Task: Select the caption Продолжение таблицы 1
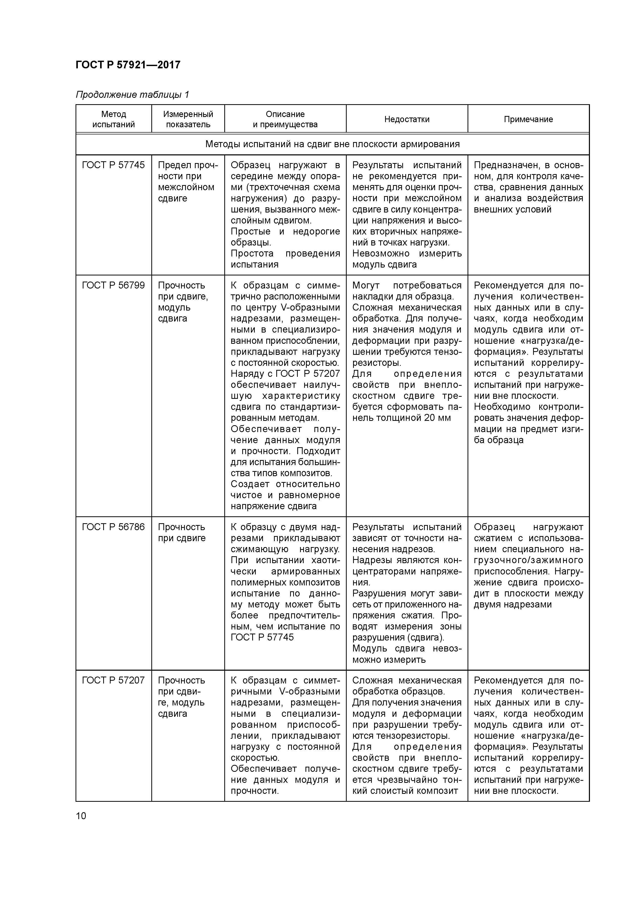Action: coord(132,95)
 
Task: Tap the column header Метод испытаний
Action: coord(113,119)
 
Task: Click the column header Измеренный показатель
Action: coord(188,119)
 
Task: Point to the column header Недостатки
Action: coord(407,119)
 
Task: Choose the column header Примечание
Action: coord(528,119)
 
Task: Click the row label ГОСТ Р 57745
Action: coord(113,165)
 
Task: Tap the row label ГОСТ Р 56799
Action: coord(113,285)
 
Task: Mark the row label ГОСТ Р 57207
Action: coord(113,681)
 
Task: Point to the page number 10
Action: coord(81,816)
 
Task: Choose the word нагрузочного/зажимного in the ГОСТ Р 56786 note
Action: coord(528,560)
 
